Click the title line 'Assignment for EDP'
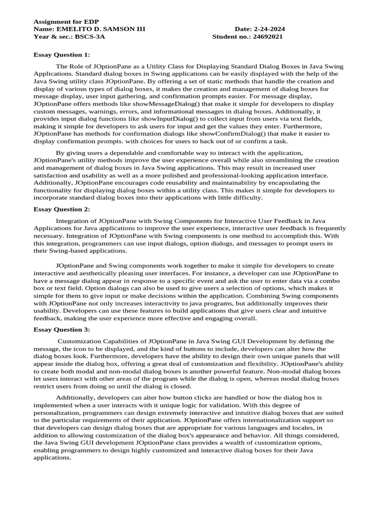tap(66, 22)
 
